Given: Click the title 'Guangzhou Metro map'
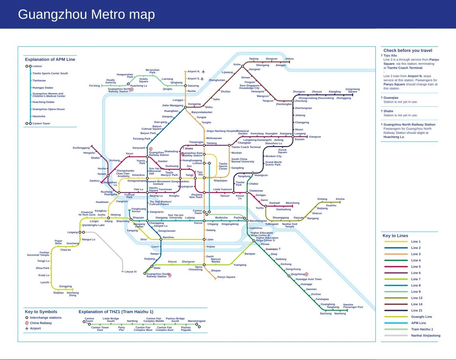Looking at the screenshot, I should pyautogui.click(x=86, y=15).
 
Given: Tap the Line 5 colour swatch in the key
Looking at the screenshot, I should pyautogui.click(x=396, y=267).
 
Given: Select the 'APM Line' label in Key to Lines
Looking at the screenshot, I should pyautogui.click(x=418, y=323).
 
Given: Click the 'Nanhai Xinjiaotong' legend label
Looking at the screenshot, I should pyautogui.click(x=426, y=336).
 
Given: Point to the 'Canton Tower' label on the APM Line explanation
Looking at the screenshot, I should pyautogui.click(x=41, y=123).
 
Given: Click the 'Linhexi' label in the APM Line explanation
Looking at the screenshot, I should pyautogui.click(x=37, y=66).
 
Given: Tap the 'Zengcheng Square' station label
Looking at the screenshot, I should pyautogui.click(x=352, y=90).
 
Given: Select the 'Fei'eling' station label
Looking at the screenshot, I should pyautogui.click(x=95, y=86).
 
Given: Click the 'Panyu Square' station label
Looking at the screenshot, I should pyautogui.click(x=226, y=277).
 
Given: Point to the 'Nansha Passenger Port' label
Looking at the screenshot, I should pyautogui.click(x=353, y=306).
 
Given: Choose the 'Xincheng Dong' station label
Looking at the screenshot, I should pyautogui.click(x=73, y=294).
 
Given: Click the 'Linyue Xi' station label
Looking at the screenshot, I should pyautogui.click(x=131, y=272).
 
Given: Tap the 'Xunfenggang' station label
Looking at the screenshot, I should pyautogui.click(x=81, y=148).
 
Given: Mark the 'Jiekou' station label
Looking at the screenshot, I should pyautogui.click(x=289, y=59).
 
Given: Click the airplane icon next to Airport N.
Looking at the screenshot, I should pyautogui.click(x=203, y=72).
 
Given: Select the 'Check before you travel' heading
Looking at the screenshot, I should pyautogui.click(x=408, y=51).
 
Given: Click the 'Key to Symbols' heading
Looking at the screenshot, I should pyautogui.click(x=41, y=312).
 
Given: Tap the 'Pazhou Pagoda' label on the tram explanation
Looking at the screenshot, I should pyautogui.click(x=186, y=329).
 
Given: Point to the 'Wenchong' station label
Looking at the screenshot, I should pyautogui.click(x=292, y=203).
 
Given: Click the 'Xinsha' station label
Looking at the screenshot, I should pyautogui.click(x=340, y=199).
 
